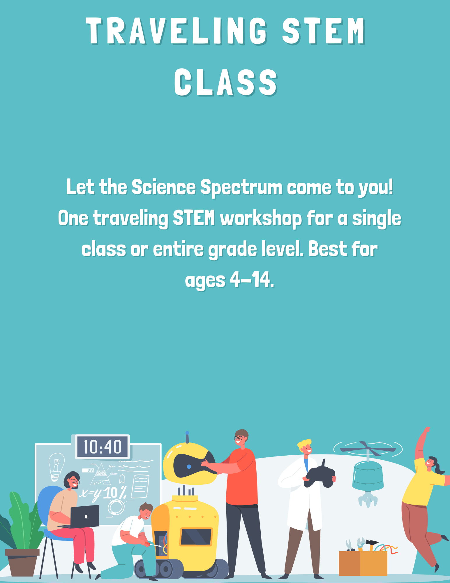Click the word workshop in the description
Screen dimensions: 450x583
click(x=261, y=219)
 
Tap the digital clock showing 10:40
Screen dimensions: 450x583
click(x=102, y=447)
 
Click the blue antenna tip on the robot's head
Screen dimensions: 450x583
click(x=187, y=433)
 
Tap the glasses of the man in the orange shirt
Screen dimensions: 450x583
click(x=239, y=438)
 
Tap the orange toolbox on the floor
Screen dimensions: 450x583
click(x=363, y=563)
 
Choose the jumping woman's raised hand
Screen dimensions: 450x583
click(x=426, y=430)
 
